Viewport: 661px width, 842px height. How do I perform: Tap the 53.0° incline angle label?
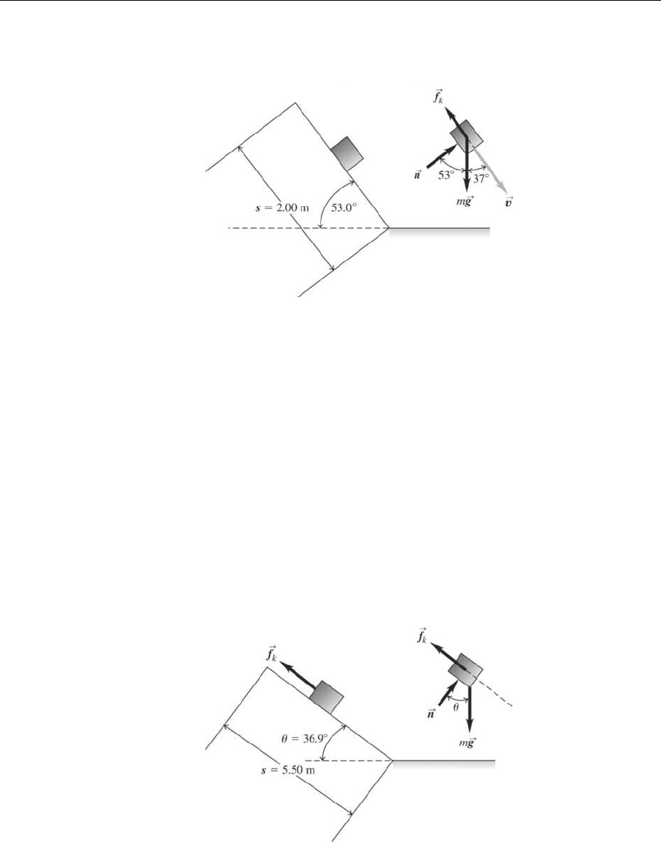click(344, 208)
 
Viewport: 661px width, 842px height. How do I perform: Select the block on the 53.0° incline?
click(347, 153)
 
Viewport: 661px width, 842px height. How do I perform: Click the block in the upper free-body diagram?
click(466, 135)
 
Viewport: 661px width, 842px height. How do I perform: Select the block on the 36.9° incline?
click(327, 695)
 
